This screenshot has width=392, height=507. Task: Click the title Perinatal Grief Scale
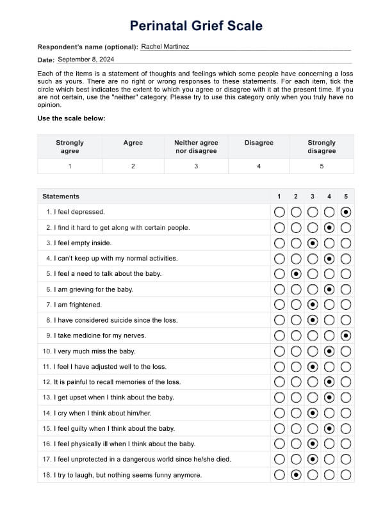click(x=196, y=26)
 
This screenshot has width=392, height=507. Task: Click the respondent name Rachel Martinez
click(x=165, y=46)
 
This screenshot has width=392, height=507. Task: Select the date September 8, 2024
click(x=86, y=59)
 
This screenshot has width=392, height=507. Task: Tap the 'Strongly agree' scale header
click(x=70, y=147)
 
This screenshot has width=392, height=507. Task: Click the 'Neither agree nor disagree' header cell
click(x=196, y=147)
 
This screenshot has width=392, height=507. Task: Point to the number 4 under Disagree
click(x=259, y=166)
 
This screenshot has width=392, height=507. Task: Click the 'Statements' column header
click(x=61, y=197)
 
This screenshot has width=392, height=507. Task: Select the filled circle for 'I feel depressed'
click(x=346, y=212)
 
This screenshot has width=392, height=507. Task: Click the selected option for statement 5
click(x=296, y=274)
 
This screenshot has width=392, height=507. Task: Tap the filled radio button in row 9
click(x=346, y=336)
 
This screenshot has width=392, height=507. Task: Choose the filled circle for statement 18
click(x=296, y=475)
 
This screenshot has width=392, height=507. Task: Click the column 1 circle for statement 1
click(x=279, y=212)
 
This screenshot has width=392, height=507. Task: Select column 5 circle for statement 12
click(x=346, y=382)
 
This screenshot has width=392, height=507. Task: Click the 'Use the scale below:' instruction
click(x=71, y=118)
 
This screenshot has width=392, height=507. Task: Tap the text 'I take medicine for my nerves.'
click(x=95, y=335)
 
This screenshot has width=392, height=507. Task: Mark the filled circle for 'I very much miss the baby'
click(x=329, y=351)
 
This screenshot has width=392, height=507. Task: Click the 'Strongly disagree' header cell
click(x=322, y=147)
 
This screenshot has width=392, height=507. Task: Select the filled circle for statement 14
click(x=313, y=414)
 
